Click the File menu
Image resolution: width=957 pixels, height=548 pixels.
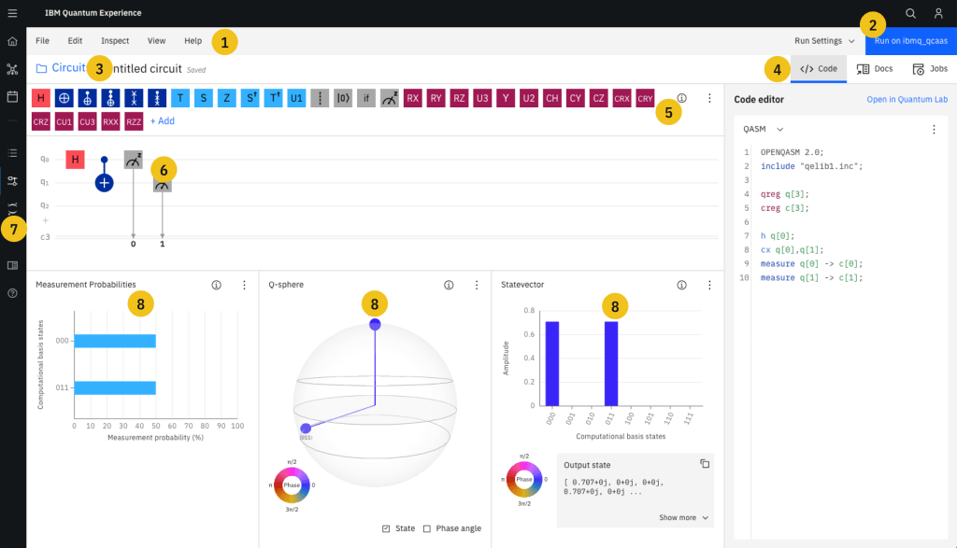click(42, 41)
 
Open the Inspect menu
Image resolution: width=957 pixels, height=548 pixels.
click(115, 41)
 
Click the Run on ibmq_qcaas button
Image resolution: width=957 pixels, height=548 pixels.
click(910, 41)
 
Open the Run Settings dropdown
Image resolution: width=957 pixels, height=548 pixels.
click(824, 41)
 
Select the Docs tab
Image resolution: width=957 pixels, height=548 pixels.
click(875, 69)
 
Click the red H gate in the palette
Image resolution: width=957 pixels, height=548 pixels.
click(40, 98)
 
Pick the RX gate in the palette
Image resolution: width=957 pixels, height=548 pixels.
click(412, 98)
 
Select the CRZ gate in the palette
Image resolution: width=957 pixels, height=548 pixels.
click(40, 121)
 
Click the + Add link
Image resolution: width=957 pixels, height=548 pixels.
click(162, 121)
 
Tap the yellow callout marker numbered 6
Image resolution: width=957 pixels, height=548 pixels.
click(163, 169)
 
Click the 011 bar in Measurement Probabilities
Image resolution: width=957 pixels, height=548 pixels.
click(115, 387)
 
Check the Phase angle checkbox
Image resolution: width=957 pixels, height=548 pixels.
click(427, 528)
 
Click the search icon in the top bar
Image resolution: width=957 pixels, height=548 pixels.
click(910, 13)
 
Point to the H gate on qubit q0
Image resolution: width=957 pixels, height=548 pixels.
click(75, 160)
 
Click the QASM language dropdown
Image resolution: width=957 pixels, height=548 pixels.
click(763, 130)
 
